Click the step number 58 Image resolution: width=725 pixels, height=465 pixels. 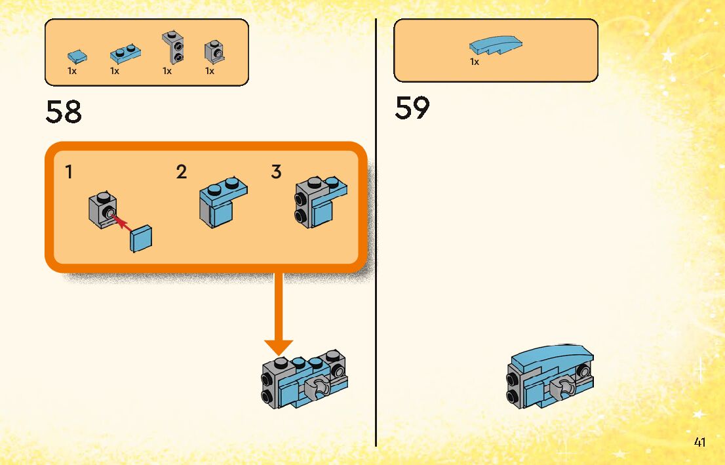click(x=64, y=111)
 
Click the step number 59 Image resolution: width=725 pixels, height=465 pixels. click(x=412, y=108)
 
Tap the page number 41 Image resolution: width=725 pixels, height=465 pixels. click(x=699, y=442)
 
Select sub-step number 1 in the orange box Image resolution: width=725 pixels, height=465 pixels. click(x=69, y=172)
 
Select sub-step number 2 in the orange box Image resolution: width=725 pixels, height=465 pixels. click(x=182, y=172)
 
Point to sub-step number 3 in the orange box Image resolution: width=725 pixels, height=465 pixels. click(x=276, y=172)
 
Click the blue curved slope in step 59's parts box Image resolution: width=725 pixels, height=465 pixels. click(x=496, y=45)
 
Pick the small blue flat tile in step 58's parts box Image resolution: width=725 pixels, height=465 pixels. click(x=76, y=56)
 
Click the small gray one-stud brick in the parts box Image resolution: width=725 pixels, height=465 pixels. click(x=214, y=51)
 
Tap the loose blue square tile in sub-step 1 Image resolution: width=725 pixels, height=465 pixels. click(x=141, y=239)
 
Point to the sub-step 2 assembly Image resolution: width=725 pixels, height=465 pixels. click(x=222, y=202)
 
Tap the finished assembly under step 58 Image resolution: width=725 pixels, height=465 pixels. click(x=303, y=380)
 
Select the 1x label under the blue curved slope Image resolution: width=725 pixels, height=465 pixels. click(x=475, y=62)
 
